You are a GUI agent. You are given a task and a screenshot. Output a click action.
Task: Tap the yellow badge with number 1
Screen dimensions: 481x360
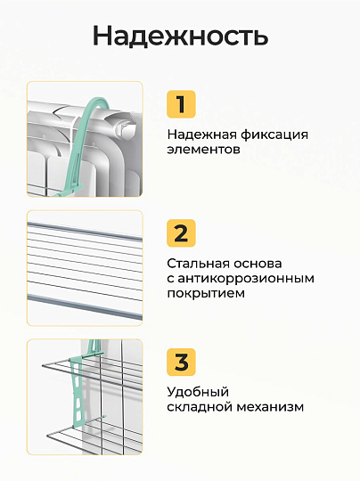tap(181, 104)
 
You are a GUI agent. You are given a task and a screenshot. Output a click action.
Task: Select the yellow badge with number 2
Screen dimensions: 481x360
tap(181, 233)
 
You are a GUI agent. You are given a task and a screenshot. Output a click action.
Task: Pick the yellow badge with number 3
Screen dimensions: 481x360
tap(181, 363)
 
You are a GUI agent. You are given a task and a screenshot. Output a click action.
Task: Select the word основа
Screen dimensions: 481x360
tap(260, 264)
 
